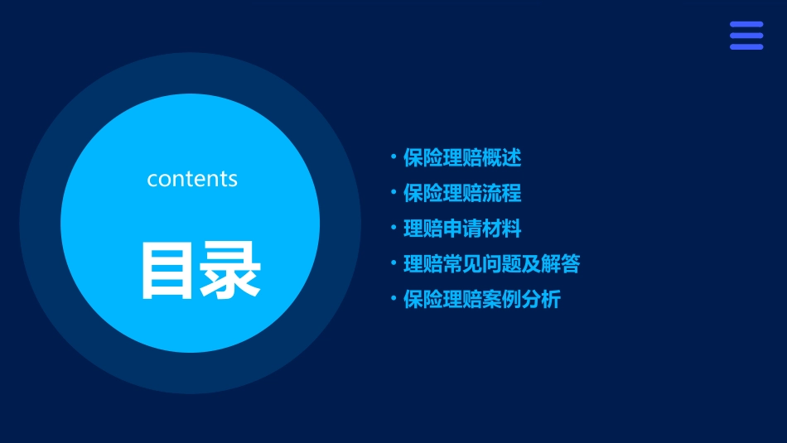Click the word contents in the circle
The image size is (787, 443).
192,179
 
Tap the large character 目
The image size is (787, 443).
167,270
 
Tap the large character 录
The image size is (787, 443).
229,270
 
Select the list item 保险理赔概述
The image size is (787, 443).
462,157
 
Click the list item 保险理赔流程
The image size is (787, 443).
462,193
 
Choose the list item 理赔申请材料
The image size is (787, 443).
462,229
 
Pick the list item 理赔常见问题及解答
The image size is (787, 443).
491,264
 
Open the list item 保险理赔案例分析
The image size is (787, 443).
482,300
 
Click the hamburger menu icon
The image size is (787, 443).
746,36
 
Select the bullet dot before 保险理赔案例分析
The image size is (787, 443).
393,297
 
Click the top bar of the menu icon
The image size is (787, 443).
746,25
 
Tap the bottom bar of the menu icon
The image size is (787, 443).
746,46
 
